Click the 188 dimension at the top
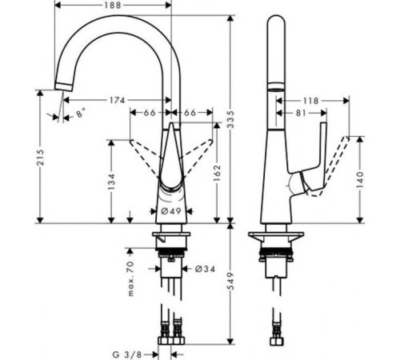pyautogui.click(x=113, y=5)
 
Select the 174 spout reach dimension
pyautogui.click(x=118, y=100)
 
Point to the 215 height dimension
pyautogui.click(x=40, y=157)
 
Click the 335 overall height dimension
pyautogui.click(x=230, y=119)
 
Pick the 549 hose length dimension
pyautogui.click(x=230, y=281)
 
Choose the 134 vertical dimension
pyautogui.click(x=111, y=182)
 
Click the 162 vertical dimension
pyautogui.click(x=218, y=173)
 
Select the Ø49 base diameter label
pyautogui.click(x=171, y=211)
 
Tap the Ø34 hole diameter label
pyautogui.click(x=205, y=269)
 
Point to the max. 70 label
pyautogui.click(x=130, y=279)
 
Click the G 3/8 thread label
pyautogui.click(x=127, y=354)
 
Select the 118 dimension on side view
pyautogui.click(x=310, y=101)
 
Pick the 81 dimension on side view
pyautogui.click(x=301, y=113)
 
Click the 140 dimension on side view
pyautogui.click(x=360, y=179)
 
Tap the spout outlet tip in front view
pyautogui.click(x=63, y=87)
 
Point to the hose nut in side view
pyautogui.click(x=277, y=342)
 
